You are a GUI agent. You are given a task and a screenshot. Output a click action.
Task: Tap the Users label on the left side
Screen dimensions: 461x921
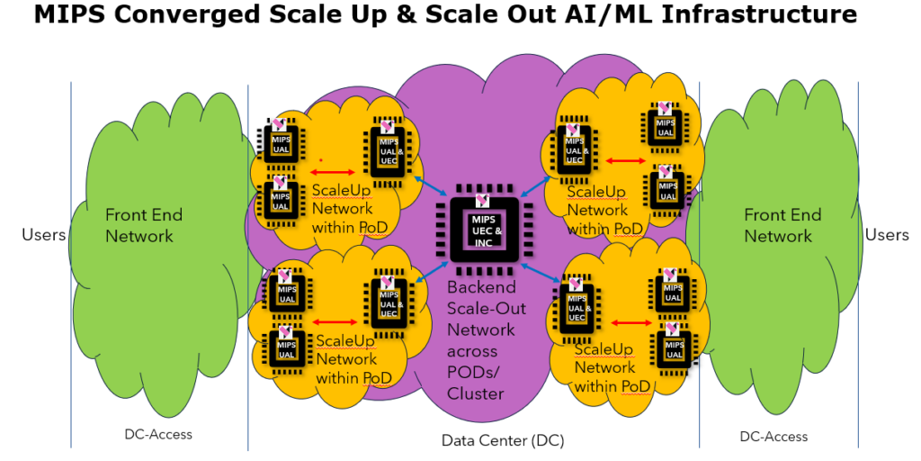click(x=44, y=235)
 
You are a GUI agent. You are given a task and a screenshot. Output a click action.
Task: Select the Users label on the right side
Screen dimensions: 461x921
click(x=886, y=235)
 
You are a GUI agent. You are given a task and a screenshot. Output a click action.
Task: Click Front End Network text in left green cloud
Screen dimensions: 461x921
click(x=143, y=225)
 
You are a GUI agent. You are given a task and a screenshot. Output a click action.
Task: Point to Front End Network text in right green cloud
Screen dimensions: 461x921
click(x=782, y=225)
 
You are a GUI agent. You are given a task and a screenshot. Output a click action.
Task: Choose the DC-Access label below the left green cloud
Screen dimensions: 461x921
click(x=158, y=434)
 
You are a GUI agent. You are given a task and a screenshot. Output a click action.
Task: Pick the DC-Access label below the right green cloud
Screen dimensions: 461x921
click(x=773, y=436)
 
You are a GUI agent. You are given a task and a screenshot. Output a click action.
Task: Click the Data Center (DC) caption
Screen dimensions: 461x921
click(x=490, y=440)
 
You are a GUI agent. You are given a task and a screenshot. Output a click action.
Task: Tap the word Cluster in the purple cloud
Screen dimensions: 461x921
click(x=477, y=393)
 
